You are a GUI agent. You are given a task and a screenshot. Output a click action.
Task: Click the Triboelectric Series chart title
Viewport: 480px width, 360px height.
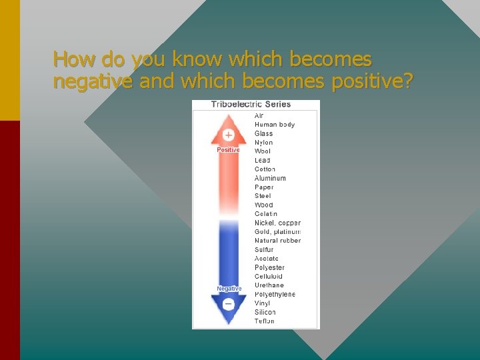click(251, 105)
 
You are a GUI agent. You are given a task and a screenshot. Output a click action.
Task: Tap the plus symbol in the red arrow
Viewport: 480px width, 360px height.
click(228, 135)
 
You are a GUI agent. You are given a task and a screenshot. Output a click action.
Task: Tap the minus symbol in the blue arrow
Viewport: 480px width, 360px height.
click(228, 304)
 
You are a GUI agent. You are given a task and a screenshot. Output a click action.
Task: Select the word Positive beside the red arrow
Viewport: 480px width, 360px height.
click(228, 150)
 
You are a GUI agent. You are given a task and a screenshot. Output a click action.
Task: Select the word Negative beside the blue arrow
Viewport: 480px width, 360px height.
click(229, 289)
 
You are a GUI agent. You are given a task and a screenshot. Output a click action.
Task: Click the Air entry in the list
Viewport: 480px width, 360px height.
click(259, 116)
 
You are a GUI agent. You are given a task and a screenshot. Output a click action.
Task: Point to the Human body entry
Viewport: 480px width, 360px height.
click(274, 125)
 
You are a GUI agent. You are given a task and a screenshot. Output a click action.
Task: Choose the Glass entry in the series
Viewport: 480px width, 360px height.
click(263, 133)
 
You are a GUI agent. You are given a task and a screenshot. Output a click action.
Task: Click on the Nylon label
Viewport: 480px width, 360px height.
click(263, 143)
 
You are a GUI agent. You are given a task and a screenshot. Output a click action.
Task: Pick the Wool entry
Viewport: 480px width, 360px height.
click(263, 151)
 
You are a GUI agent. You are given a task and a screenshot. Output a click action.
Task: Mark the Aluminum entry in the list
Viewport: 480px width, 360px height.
click(270, 178)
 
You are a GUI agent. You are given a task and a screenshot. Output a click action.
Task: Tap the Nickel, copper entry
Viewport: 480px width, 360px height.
click(277, 223)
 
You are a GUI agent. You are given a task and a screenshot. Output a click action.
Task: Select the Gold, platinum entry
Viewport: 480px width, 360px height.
click(277, 231)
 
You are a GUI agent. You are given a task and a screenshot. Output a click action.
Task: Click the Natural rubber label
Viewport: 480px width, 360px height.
click(277, 241)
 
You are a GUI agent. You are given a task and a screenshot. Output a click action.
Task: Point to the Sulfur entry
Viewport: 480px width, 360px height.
click(264, 250)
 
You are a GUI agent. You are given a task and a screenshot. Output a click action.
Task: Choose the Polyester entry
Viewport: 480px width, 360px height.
click(269, 267)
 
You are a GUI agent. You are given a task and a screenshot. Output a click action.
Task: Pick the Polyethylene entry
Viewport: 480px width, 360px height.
click(275, 294)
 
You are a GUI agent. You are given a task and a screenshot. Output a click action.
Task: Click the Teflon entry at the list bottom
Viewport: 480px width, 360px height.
click(264, 321)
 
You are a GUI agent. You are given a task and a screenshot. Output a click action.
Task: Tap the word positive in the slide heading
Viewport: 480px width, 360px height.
click(373, 81)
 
